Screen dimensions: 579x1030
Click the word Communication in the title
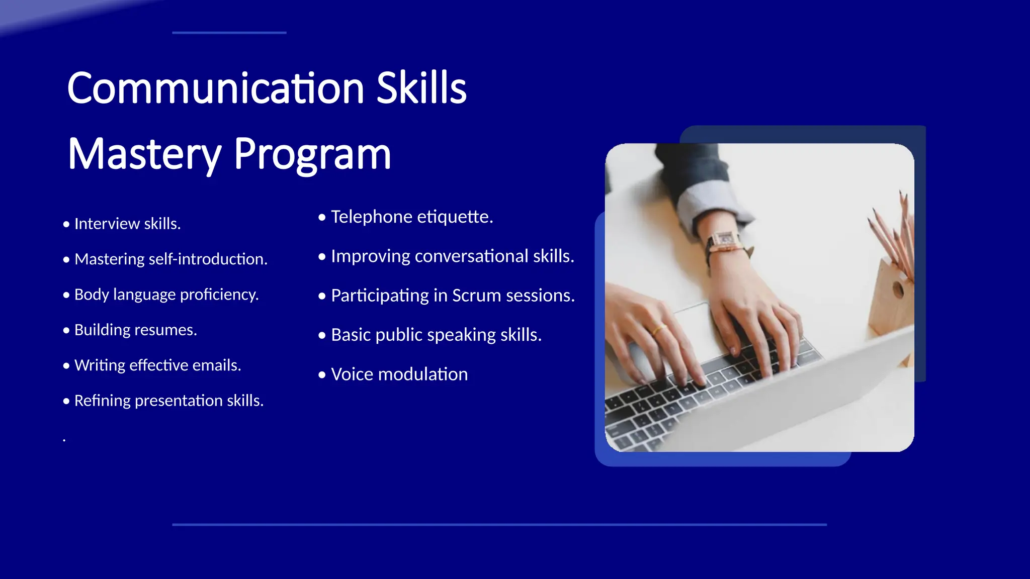pos(215,88)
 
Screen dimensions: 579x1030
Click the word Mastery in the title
pos(144,154)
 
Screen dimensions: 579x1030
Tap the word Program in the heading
pos(312,154)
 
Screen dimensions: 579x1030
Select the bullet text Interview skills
pos(127,224)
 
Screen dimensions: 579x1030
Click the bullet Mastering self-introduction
pos(170,259)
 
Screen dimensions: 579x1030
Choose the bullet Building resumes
pos(135,330)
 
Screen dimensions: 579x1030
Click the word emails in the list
pos(219,365)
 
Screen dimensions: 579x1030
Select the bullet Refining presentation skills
pos(168,401)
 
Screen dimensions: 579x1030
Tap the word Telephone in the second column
pos(372,217)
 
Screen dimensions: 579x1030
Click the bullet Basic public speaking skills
pos(436,335)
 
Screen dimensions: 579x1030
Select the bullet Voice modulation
pos(399,374)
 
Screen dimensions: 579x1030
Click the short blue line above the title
pos(229,33)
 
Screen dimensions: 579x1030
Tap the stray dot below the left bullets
pos(64,441)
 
